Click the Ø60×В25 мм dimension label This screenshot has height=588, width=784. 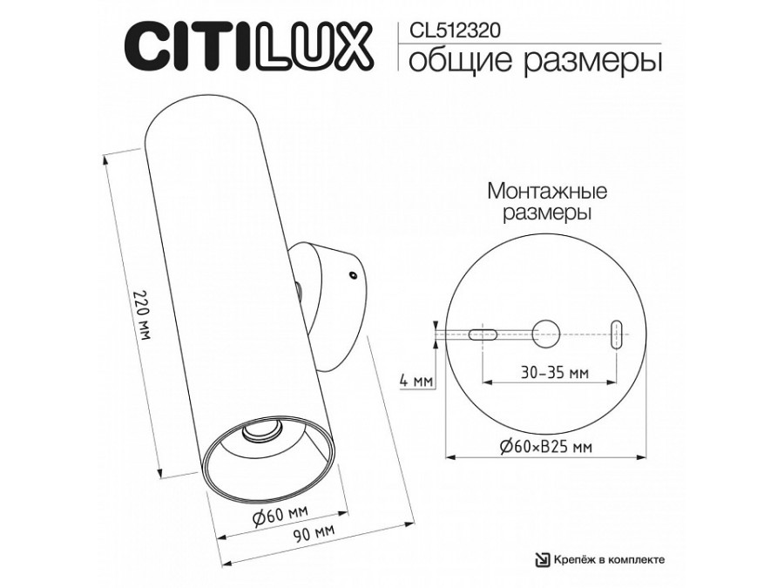(x=547, y=447)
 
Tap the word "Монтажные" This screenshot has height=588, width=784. (x=547, y=191)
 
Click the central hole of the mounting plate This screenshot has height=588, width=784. (x=546, y=331)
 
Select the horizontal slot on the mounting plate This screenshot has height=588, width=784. (x=483, y=333)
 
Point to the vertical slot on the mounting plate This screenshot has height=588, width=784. (x=617, y=333)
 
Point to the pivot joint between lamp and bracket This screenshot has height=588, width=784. (x=299, y=287)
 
